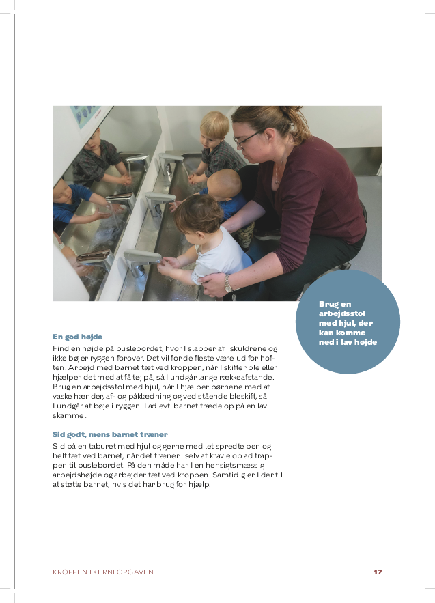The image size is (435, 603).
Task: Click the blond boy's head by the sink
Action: coord(215,126)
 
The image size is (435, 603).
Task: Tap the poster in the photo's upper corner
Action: coord(88,116)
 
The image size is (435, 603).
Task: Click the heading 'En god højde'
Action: coord(77,337)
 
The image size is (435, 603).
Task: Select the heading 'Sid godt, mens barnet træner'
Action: coord(110,434)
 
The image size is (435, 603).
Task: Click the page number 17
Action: coord(378,572)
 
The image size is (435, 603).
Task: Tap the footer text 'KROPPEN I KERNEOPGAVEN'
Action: coord(103,572)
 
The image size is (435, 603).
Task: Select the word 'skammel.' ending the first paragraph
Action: coord(70,415)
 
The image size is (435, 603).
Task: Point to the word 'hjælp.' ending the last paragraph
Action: coord(198,484)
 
